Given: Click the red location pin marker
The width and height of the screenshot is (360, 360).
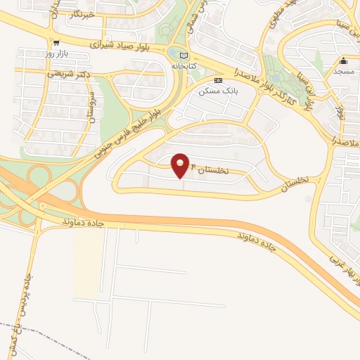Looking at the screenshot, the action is (181, 165).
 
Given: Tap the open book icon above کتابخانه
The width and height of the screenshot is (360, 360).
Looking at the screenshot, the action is (184, 56).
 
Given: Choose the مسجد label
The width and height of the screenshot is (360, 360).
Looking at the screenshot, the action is (344, 72).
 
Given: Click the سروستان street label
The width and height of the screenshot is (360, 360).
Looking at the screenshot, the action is (91, 108).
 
